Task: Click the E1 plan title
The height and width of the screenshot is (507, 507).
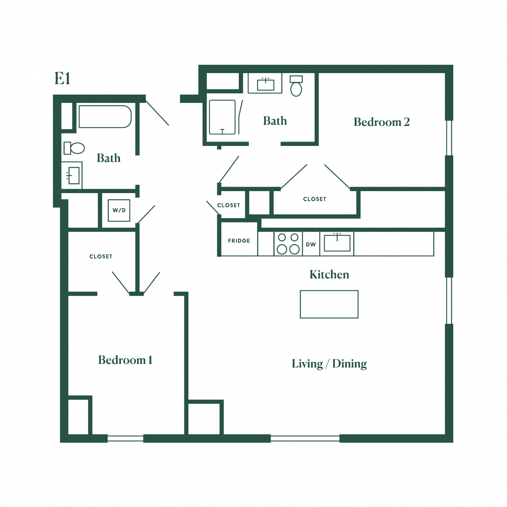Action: (62, 79)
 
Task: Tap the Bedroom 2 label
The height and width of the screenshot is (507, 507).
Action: (381, 122)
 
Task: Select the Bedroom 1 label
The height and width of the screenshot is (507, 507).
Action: (125, 360)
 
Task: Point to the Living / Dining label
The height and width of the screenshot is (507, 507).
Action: (329, 364)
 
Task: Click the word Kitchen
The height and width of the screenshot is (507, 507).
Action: (329, 275)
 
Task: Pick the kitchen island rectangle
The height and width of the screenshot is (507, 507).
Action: (329, 304)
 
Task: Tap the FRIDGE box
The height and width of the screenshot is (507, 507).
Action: (239, 241)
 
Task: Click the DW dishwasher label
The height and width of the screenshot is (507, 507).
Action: (311, 244)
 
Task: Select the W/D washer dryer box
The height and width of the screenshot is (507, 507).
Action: (119, 210)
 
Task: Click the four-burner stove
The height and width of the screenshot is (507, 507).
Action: (288, 244)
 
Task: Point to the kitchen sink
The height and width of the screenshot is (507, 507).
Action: (337, 243)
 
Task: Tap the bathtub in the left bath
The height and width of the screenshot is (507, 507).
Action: (105, 116)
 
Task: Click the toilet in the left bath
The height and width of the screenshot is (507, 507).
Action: (74, 148)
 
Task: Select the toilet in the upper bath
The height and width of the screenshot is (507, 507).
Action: (296, 86)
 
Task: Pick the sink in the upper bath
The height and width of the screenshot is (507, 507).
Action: (265, 84)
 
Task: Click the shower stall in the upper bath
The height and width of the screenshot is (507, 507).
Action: (222, 117)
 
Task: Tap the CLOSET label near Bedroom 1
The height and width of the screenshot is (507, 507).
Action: (101, 257)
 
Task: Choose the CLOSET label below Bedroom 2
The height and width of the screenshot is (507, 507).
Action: (315, 199)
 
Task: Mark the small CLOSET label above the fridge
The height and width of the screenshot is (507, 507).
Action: (229, 205)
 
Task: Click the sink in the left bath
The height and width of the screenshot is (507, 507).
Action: (73, 175)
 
